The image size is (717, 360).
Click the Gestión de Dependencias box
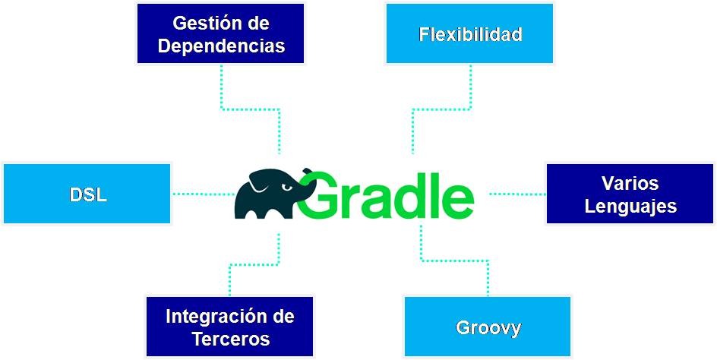[220, 33]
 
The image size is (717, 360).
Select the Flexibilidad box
[470, 33]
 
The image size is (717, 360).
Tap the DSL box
[87, 194]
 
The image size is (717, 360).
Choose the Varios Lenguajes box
[630, 194]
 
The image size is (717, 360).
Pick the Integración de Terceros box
[229, 327]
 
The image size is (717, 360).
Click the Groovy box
[488, 327]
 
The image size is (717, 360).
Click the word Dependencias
[220, 46]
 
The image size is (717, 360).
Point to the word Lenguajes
[630, 206]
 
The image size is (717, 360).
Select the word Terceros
[229, 339]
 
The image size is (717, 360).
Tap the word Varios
[630, 183]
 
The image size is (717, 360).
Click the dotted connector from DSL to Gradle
[202, 194]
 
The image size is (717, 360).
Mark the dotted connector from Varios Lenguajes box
[516, 194]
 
